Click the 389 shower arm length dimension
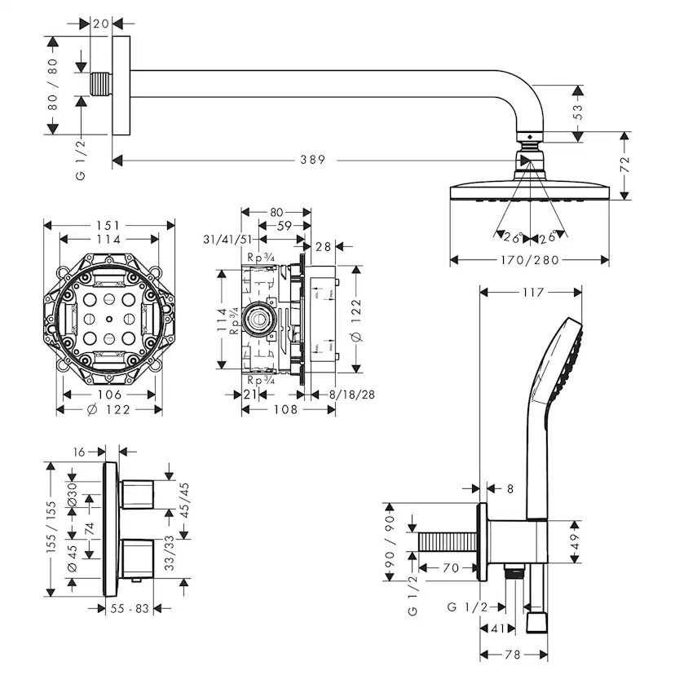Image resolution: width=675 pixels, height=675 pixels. tap(311, 160)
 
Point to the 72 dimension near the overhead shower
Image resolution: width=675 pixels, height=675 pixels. tap(625, 163)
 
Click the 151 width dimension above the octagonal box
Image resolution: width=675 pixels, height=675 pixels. tap(109, 225)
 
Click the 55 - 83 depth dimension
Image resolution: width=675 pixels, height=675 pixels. tap(129, 608)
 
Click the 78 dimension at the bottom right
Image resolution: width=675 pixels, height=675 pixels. tap(514, 655)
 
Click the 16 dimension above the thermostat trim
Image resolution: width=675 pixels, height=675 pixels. tap(79, 450)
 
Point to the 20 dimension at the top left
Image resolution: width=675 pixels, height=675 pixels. tap(101, 24)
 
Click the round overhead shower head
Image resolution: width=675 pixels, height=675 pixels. tap(530, 193)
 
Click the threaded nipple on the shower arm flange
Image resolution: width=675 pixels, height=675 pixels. tap(101, 84)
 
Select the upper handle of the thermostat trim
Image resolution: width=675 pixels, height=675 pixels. tap(139, 492)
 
